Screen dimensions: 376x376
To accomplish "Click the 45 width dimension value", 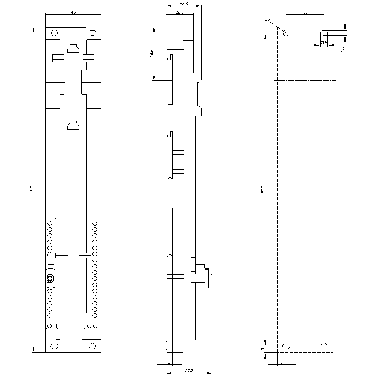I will tap(73, 12).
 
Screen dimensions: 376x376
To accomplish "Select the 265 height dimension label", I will tap(31, 190).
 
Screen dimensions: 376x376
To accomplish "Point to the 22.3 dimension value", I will tap(179, 12).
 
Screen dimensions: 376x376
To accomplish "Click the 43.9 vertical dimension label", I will tap(151, 53).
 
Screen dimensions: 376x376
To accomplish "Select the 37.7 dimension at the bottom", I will tap(189, 370).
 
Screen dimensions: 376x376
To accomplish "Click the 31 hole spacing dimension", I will tap(305, 12).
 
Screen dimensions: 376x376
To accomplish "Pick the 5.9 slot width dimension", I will tap(324, 43).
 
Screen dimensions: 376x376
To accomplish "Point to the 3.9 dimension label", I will tap(343, 49).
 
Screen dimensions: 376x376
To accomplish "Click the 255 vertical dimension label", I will tap(263, 190).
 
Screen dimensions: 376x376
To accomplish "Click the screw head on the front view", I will tap(49, 279).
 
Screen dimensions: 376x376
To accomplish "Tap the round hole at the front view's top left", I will tap(54, 32).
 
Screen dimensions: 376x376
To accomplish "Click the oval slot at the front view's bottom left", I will tap(55, 346).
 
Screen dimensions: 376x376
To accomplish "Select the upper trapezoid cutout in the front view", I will tap(73, 48).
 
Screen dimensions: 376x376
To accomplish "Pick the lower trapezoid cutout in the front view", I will tap(73, 125).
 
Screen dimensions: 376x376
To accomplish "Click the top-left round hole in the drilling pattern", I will tap(286, 33).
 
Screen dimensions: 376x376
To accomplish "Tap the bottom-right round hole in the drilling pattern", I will tap(324, 346).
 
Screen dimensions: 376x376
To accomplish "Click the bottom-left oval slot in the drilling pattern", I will tap(286, 346).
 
